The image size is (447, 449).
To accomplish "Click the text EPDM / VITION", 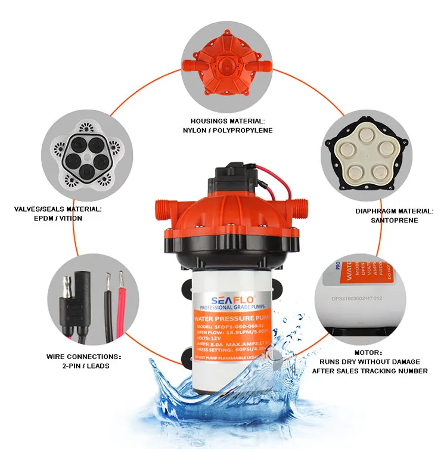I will [58, 218].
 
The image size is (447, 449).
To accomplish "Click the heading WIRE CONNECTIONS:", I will [83, 357].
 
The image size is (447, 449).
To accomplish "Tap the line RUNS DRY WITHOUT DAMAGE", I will [370, 361].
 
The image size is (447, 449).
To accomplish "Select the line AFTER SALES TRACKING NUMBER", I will [370, 371].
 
